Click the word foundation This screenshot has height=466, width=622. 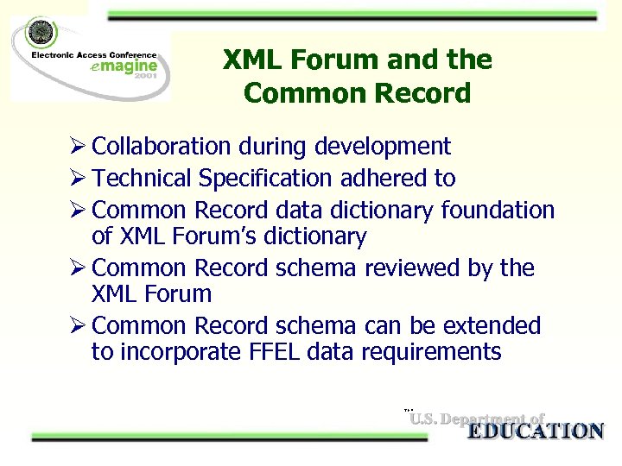pos(498,210)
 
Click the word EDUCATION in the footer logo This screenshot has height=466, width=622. pos(535,431)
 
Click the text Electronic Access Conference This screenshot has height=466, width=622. pos(94,54)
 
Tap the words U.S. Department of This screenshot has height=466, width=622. pos(477,419)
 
